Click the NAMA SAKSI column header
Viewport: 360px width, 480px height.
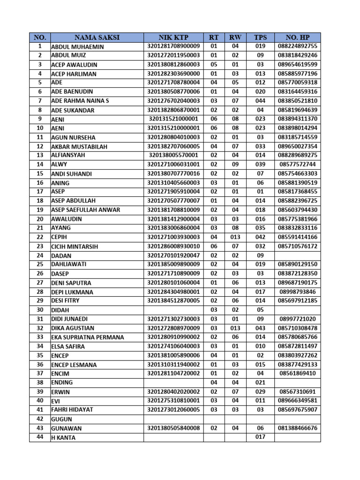(x=97, y=37)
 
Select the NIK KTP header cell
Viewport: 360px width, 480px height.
(x=173, y=37)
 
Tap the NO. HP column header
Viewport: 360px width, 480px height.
(x=298, y=37)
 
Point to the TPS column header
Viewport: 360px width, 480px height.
(x=260, y=37)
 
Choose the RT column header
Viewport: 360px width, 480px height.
(x=214, y=37)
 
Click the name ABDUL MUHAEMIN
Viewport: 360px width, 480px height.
(x=77, y=47)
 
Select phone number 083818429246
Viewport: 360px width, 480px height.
(x=298, y=55)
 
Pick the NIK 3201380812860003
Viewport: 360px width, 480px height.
(x=173, y=64)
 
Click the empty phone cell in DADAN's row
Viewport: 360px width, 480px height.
(x=298, y=255)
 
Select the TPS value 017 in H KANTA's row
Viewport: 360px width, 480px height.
(x=260, y=437)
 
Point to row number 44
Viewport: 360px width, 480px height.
(x=40, y=437)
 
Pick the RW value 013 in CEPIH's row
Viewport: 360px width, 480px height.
(x=235, y=237)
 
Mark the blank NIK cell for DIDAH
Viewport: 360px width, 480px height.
(x=173, y=310)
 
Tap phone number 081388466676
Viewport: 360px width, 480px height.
(x=298, y=428)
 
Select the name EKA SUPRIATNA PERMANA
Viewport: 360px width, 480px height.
(x=88, y=337)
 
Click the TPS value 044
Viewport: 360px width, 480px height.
(x=260, y=101)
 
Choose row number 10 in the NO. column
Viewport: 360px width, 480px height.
(x=40, y=128)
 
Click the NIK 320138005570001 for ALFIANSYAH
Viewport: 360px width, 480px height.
(x=173, y=155)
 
